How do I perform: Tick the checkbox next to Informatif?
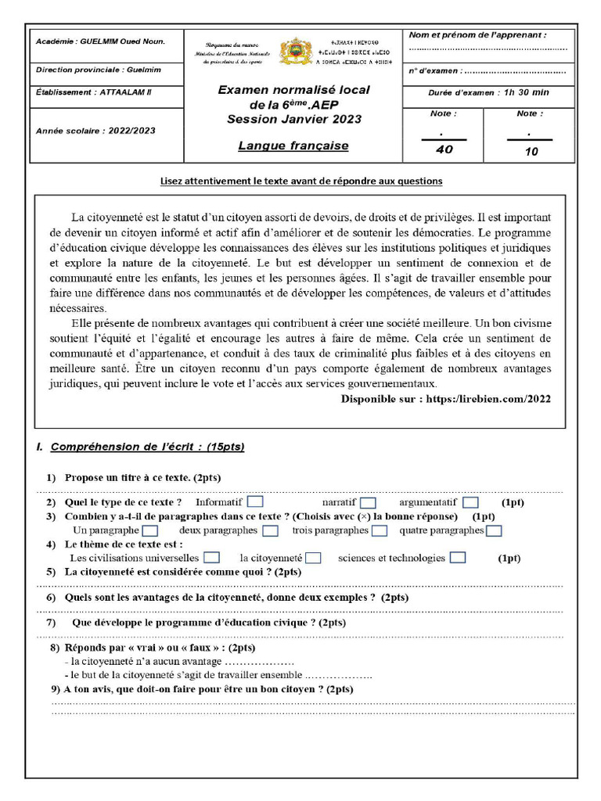(x=255, y=501)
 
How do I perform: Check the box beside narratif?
(x=368, y=502)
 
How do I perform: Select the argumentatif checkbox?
(x=470, y=502)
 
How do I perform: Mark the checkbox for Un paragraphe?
(x=151, y=530)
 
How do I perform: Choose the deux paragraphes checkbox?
(x=270, y=530)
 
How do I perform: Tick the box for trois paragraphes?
(x=380, y=530)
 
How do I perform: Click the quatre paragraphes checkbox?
(x=494, y=530)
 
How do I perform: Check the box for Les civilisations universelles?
(x=211, y=558)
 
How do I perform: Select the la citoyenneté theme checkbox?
(x=313, y=558)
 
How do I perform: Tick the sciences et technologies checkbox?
(x=458, y=558)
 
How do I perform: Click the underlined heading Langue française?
(x=293, y=145)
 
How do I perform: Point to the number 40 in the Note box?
(x=444, y=150)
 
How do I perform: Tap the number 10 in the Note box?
(x=531, y=152)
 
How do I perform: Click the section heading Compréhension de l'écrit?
(x=147, y=447)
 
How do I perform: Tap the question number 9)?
(x=56, y=689)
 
